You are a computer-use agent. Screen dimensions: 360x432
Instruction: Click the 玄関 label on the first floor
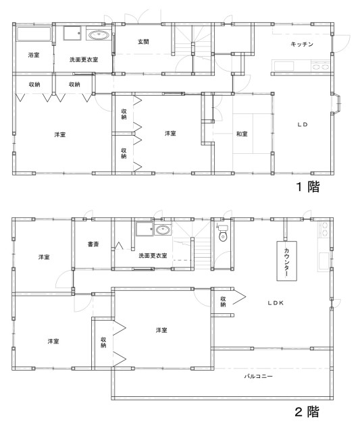tap(143, 42)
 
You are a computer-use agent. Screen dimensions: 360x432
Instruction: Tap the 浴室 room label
tap(34, 55)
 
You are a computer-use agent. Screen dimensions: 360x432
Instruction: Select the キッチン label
tap(302, 44)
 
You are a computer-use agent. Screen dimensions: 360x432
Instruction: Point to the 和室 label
tap(242, 134)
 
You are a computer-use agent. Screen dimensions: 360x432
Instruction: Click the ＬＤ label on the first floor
tap(303, 124)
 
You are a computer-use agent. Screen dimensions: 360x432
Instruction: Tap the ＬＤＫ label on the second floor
tap(276, 303)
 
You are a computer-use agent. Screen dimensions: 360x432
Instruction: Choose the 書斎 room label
tap(93, 244)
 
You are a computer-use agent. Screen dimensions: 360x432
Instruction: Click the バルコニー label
tap(258, 376)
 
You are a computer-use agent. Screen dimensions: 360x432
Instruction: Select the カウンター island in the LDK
tap(286, 261)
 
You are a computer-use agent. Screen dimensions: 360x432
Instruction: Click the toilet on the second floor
tap(223, 234)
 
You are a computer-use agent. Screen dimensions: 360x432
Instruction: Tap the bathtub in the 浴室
tap(34, 34)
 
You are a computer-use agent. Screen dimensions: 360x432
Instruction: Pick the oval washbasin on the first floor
tap(98, 35)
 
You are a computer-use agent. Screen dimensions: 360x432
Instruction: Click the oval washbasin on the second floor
tap(163, 230)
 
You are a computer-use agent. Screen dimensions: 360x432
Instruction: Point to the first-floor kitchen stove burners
tap(320, 66)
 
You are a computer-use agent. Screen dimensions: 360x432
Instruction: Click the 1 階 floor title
tap(308, 187)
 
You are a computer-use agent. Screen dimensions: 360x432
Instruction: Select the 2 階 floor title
tap(307, 412)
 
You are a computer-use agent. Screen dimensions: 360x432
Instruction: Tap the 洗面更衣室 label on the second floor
tap(153, 256)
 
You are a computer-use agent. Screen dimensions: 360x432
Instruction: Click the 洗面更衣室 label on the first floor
tap(84, 59)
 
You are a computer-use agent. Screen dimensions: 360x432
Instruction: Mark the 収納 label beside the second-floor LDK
tap(223, 302)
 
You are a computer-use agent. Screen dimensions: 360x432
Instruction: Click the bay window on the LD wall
tap(337, 103)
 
